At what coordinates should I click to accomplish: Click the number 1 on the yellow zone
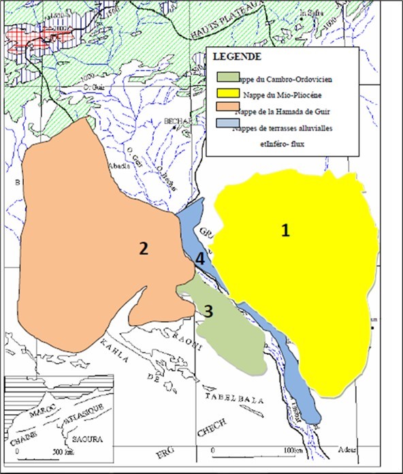point(286,231)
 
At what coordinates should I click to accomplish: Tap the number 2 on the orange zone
point(143,249)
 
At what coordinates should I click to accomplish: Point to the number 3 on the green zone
point(208,311)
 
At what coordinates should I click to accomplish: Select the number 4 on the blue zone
point(199,258)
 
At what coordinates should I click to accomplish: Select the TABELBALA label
point(234,401)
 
